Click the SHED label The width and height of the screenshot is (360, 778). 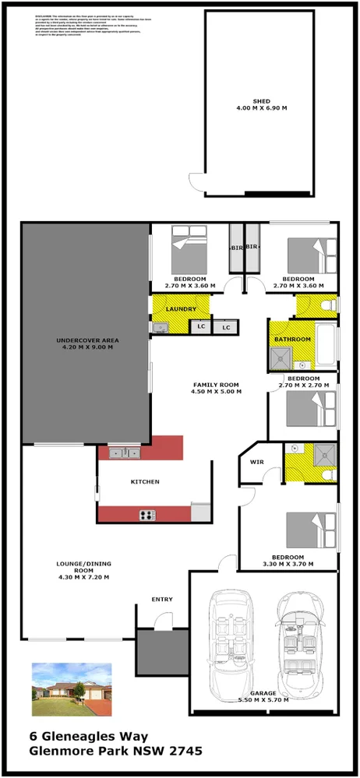coord(261,100)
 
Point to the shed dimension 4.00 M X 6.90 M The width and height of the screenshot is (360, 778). coord(261,108)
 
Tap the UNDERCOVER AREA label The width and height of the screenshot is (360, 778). coord(86,340)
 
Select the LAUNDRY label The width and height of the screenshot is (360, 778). coord(182,308)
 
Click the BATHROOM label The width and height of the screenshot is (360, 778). coord(291,340)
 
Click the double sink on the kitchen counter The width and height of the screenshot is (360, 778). coord(125,452)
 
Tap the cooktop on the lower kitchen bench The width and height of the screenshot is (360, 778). coord(147,514)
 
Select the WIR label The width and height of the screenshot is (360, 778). coord(257,462)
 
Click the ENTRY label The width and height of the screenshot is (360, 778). coord(162,599)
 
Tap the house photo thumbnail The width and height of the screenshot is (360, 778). coord(72,689)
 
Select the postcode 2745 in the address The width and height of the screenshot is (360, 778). coord(187,752)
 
